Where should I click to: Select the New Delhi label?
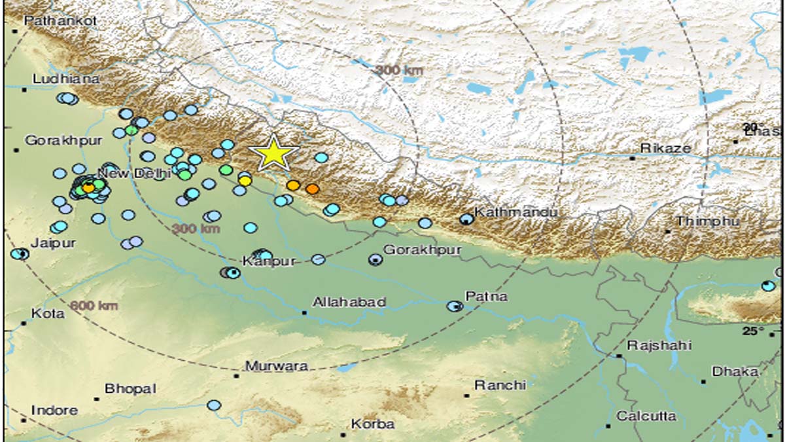point(134,173)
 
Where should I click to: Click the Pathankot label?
point(60,21)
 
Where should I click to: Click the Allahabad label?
point(349,302)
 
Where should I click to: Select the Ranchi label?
point(500,385)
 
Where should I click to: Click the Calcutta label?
point(646,416)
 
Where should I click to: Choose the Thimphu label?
point(707,221)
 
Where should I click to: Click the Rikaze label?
point(665,148)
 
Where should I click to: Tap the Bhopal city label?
point(130,388)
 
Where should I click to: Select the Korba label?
point(372,424)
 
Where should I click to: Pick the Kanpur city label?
point(268,261)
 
